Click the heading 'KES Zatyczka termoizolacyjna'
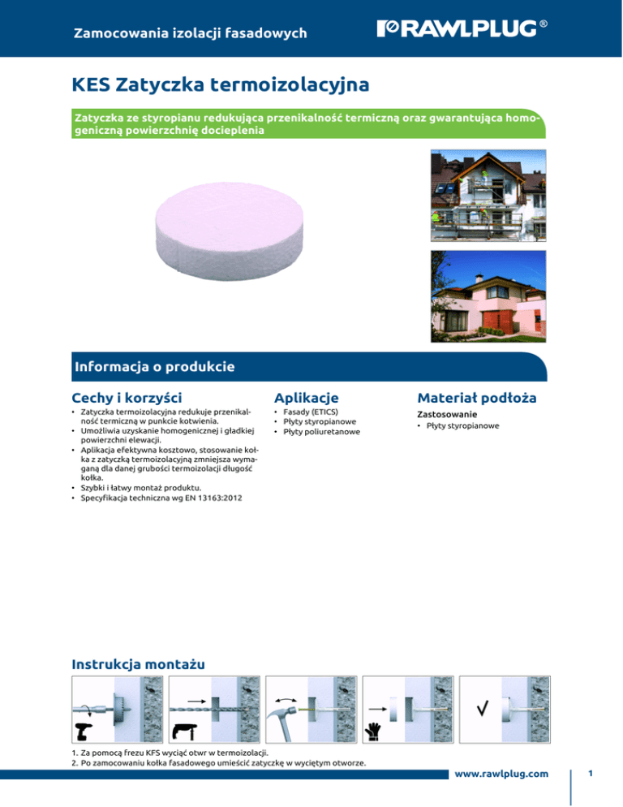[221, 84]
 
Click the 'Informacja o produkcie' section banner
[153, 367]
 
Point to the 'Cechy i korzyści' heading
[127, 398]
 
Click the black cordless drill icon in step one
[84, 729]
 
